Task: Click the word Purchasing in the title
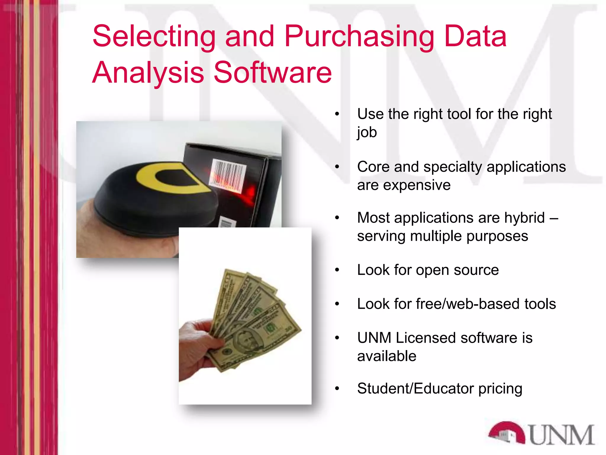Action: (x=359, y=37)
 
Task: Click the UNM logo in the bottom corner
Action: (x=541, y=434)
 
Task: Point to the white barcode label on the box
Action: (x=228, y=175)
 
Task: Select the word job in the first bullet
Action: (x=367, y=132)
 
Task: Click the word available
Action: (x=387, y=356)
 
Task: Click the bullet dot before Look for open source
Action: (x=337, y=270)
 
